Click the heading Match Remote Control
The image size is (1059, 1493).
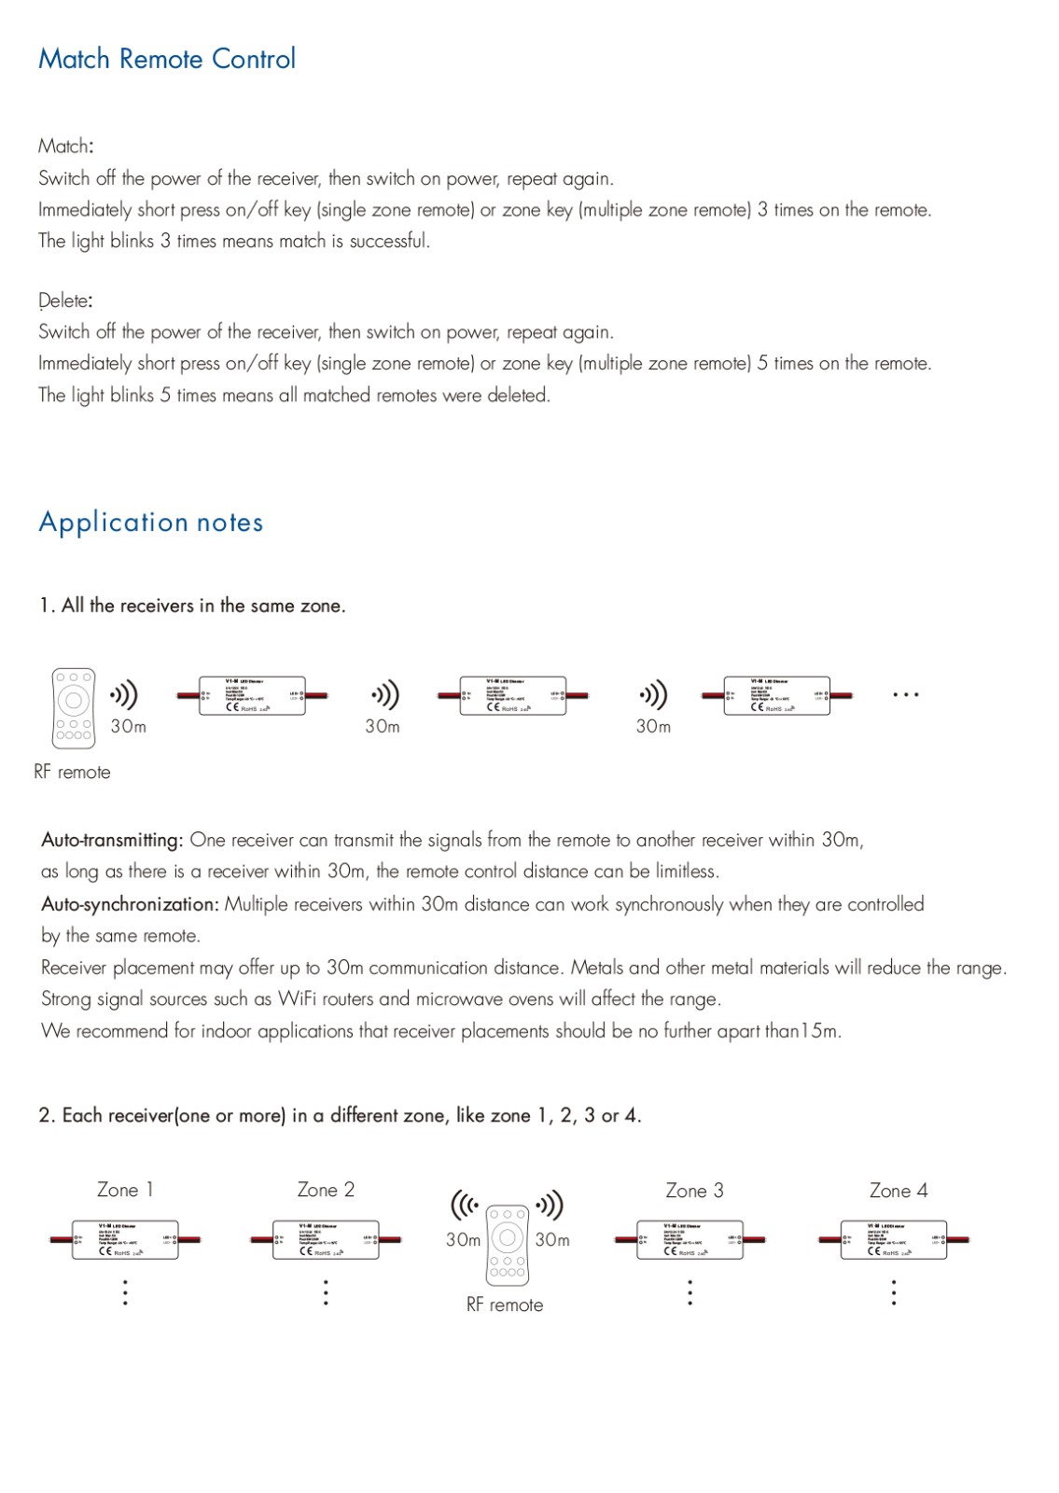click(x=167, y=59)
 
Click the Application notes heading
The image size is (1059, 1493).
click(x=151, y=523)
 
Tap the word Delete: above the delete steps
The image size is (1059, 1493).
click(x=65, y=300)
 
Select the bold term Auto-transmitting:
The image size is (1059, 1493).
click(x=112, y=840)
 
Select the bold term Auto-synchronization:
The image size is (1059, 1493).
click(x=130, y=904)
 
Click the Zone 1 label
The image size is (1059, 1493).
click(x=125, y=1190)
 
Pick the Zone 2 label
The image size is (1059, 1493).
click(x=326, y=1190)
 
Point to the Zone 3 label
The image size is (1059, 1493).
click(x=694, y=1191)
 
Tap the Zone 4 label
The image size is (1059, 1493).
click(x=899, y=1191)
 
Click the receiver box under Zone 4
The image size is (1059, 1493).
click(x=893, y=1240)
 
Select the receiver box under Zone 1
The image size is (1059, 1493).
click(x=125, y=1240)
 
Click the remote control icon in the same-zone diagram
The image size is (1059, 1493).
click(x=74, y=707)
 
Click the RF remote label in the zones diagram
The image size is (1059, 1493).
click(x=505, y=1305)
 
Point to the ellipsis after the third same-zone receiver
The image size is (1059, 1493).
click(x=905, y=695)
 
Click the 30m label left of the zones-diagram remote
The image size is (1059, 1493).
click(x=463, y=1240)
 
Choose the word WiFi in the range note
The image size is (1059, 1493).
click(x=297, y=998)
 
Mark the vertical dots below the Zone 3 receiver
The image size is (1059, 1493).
click(x=690, y=1292)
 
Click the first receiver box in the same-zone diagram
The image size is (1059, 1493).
click(x=252, y=696)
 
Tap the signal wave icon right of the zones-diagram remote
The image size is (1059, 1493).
click(x=550, y=1205)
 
